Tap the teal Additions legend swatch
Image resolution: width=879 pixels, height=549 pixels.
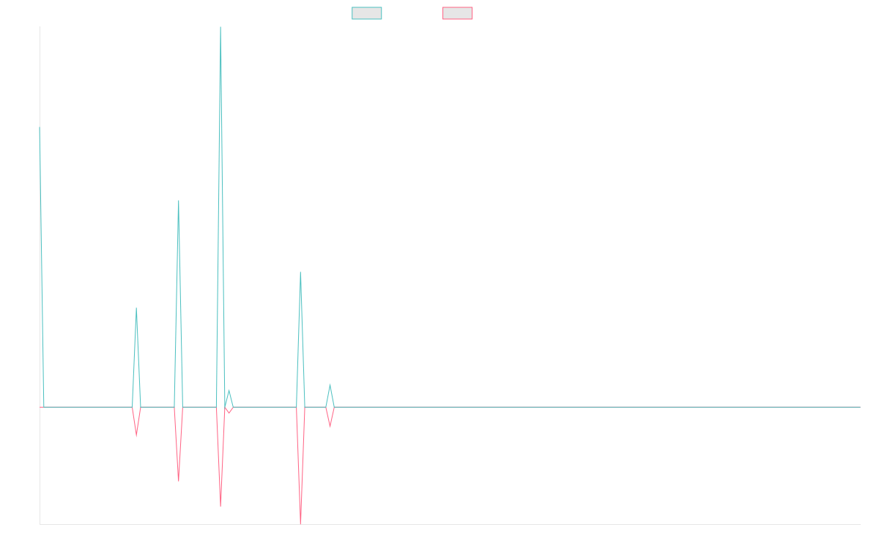(x=367, y=13)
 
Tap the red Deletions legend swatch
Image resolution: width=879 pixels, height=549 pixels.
(x=458, y=13)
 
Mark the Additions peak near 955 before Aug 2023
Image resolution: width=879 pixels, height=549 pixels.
(x=300, y=272)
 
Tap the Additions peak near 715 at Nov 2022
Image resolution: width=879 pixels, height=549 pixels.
(x=136, y=309)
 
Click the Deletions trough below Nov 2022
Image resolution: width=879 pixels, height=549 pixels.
(x=136, y=437)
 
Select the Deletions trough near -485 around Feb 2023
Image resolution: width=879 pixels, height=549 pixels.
(x=179, y=480)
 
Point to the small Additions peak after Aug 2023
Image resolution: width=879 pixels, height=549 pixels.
(x=330, y=384)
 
